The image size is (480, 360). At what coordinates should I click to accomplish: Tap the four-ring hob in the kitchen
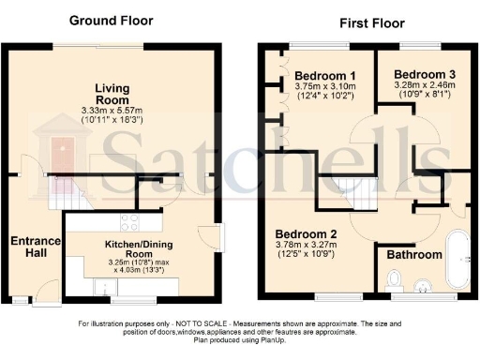(130, 223)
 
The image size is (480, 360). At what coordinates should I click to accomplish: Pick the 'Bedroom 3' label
(424, 74)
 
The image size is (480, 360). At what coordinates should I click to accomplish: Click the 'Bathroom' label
(415, 254)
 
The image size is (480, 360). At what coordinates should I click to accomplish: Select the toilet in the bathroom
(395, 278)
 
